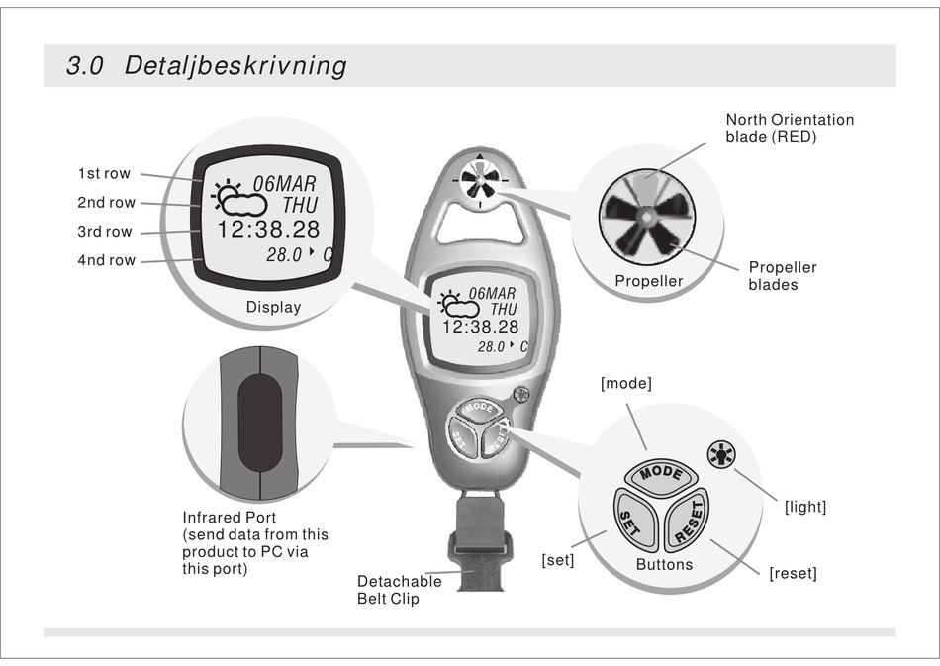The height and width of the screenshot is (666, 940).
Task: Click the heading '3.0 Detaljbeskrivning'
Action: [206, 67]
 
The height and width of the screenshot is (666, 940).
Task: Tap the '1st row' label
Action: [104, 174]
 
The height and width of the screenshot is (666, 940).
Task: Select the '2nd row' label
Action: [106, 203]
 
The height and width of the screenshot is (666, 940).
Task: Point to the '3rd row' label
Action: [105, 232]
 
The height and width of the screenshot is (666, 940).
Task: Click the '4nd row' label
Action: [106, 261]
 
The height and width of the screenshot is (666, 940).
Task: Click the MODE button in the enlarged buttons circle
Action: [659, 473]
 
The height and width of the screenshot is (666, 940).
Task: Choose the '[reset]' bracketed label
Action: [793, 574]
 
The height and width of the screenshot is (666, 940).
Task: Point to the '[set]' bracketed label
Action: [558, 560]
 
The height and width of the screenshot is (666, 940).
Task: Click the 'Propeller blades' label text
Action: [782, 276]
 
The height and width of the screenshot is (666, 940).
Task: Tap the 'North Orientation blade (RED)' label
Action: [790, 128]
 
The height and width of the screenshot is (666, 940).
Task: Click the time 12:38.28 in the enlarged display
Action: [268, 230]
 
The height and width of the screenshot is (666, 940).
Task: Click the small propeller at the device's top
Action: [479, 180]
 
